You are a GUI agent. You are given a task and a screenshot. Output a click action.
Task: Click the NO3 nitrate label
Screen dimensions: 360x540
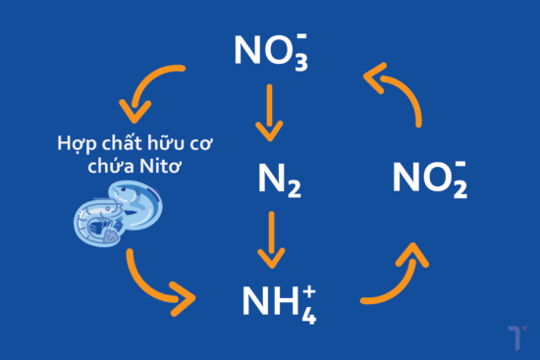(x=269, y=51)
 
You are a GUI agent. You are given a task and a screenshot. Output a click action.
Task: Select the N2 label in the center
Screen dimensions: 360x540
(x=270, y=180)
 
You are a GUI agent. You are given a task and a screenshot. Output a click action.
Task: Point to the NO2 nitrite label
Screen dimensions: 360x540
(x=429, y=179)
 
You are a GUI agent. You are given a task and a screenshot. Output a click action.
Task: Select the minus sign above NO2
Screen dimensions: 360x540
(x=461, y=162)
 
